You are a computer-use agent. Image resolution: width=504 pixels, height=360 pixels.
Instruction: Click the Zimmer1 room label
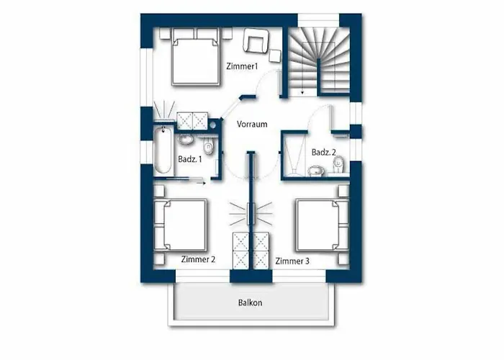click(242, 66)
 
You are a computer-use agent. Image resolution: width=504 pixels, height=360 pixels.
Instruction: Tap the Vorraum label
click(252, 124)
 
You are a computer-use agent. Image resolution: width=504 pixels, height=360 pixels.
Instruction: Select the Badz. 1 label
click(190, 159)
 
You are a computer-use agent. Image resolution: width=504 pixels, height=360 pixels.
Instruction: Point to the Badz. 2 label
click(324, 152)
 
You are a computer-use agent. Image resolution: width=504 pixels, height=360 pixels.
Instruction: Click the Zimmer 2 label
click(198, 259)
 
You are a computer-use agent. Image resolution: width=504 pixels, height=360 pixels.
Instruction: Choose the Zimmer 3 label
click(292, 261)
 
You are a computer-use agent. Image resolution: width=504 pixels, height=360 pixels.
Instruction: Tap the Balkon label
click(250, 302)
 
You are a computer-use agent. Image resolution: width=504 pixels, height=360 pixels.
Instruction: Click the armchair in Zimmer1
click(256, 40)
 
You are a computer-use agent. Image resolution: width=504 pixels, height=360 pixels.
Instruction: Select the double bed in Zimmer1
click(196, 57)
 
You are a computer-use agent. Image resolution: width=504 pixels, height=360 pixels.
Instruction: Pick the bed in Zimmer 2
click(180, 225)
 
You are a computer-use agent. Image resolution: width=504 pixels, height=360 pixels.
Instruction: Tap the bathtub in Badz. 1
click(163, 150)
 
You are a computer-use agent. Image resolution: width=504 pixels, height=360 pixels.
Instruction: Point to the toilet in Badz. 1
click(209, 145)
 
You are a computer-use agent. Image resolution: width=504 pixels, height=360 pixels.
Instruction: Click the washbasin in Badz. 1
click(186, 140)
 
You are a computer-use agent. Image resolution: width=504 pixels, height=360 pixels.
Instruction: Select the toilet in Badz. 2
click(338, 165)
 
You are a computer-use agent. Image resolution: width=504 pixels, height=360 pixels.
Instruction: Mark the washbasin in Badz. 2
click(316, 171)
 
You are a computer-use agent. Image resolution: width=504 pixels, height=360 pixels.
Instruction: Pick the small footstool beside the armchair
click(275, 56)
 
